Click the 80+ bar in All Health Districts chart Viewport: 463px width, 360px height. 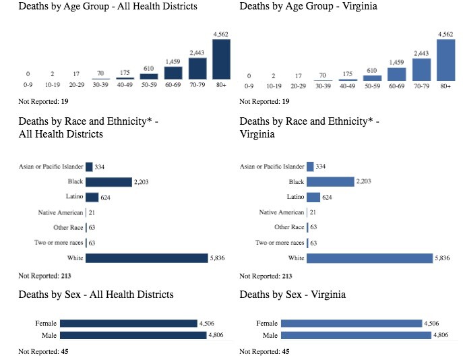[x=221, y=59]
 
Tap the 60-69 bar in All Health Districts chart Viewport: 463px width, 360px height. [x=173, y=73]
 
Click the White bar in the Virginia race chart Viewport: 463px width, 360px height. [x=369, y=258]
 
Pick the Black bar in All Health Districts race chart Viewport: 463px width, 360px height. [x=109, y=181]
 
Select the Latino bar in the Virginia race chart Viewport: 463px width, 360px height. [x=313, y=197]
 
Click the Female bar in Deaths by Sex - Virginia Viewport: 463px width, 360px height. [x=351, y=324]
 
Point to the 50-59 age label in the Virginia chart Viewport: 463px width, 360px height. [x=371, y=87]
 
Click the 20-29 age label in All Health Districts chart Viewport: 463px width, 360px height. [x=77, y=87]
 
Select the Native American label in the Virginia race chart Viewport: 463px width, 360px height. [x=282, y=212]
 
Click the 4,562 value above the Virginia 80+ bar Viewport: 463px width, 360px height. [x=445, y=34]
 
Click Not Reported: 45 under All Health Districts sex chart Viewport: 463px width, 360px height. [x=43, y=351]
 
